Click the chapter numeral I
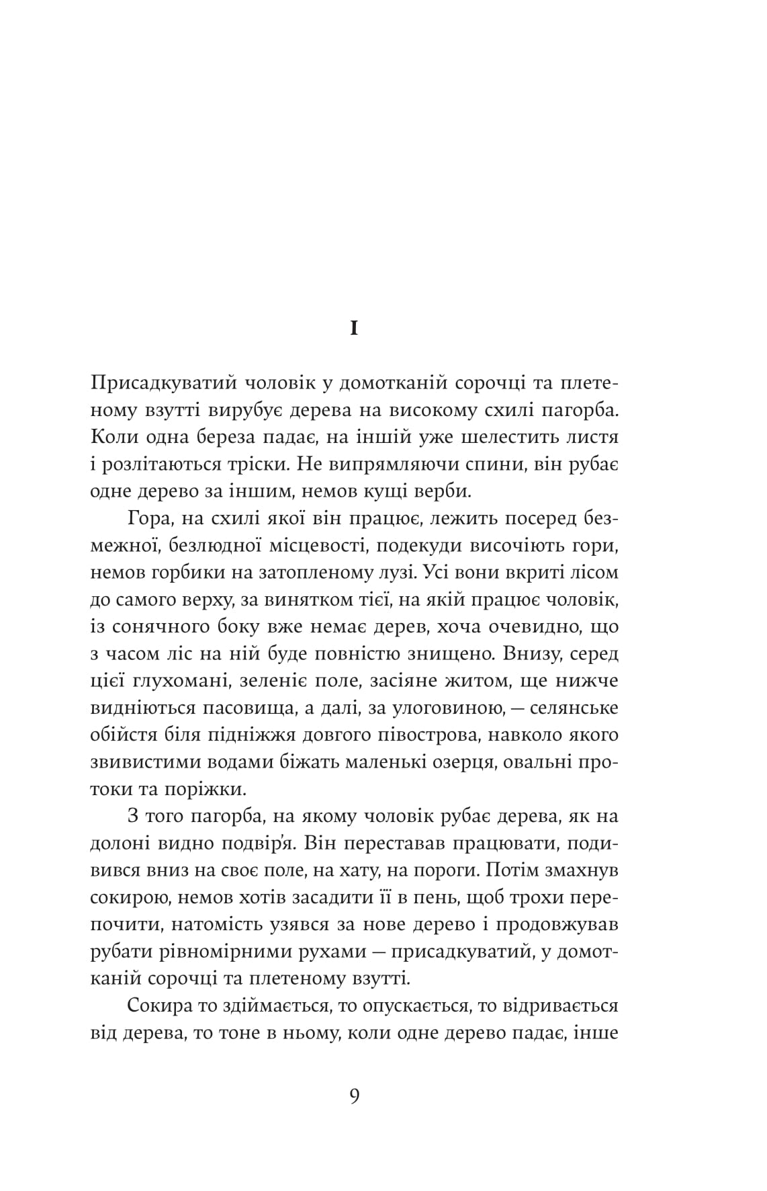(x=355, y=329)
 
